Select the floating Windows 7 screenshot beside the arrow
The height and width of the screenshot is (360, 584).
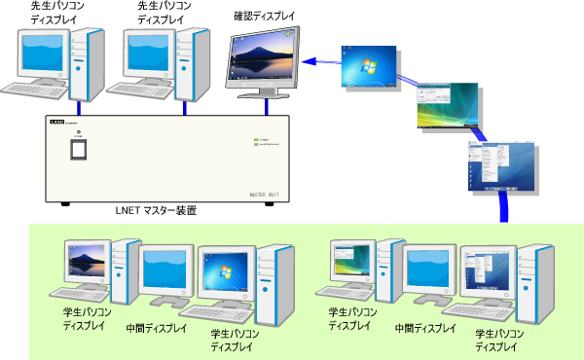pyautogui.click(x=368, y=68)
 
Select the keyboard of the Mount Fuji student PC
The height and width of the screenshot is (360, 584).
pyautogui.click(x=77, y=294)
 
